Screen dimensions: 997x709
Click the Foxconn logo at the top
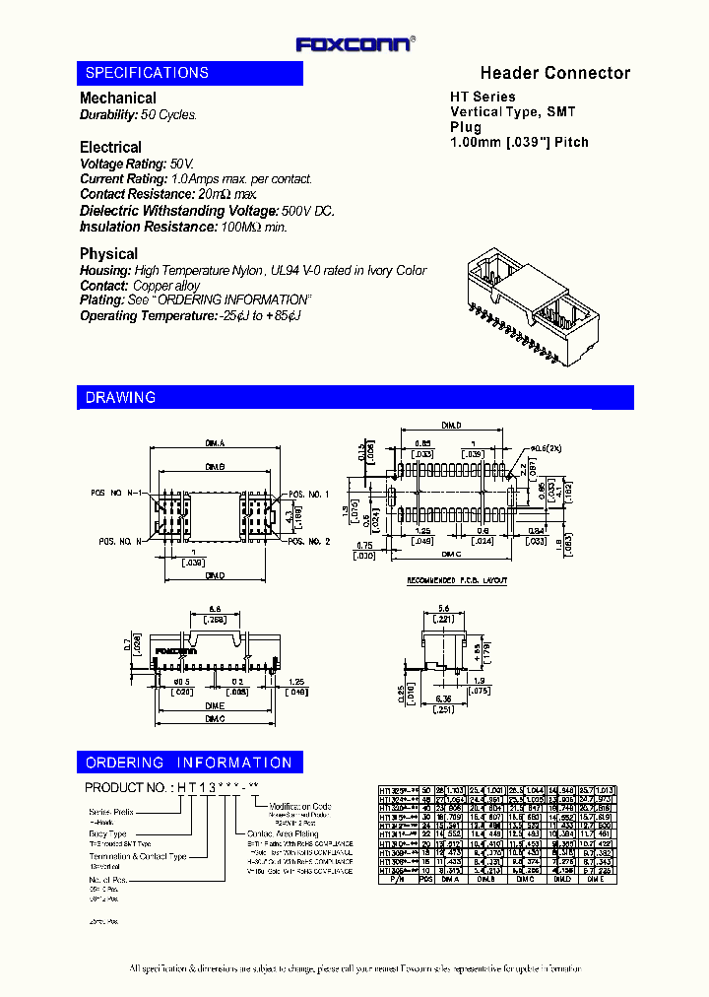pyautogui.click(x=354, y=43)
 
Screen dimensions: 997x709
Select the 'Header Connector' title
pyautogui.click(x=554, y=73)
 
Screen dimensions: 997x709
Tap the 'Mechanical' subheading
pyautogui.click(x=117, y=98)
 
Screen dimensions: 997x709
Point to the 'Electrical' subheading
pyautogui.click(x=110, y=147)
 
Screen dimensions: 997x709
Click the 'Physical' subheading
pyautogui.click(x=108, y=253)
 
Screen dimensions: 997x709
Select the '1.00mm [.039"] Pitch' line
pyautogui.click(x=519, y=142)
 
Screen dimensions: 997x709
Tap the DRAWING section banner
pyautogui.click(x=120, y=397)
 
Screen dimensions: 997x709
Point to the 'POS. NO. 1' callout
pyautogui.click(x=308, y=494)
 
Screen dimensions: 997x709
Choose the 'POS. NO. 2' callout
pyautogui.click(x=308, y=542)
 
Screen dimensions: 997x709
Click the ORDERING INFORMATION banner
pyautogui.click(x=189, y=763)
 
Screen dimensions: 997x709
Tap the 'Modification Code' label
pyautogui.click(x=300, y=806)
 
